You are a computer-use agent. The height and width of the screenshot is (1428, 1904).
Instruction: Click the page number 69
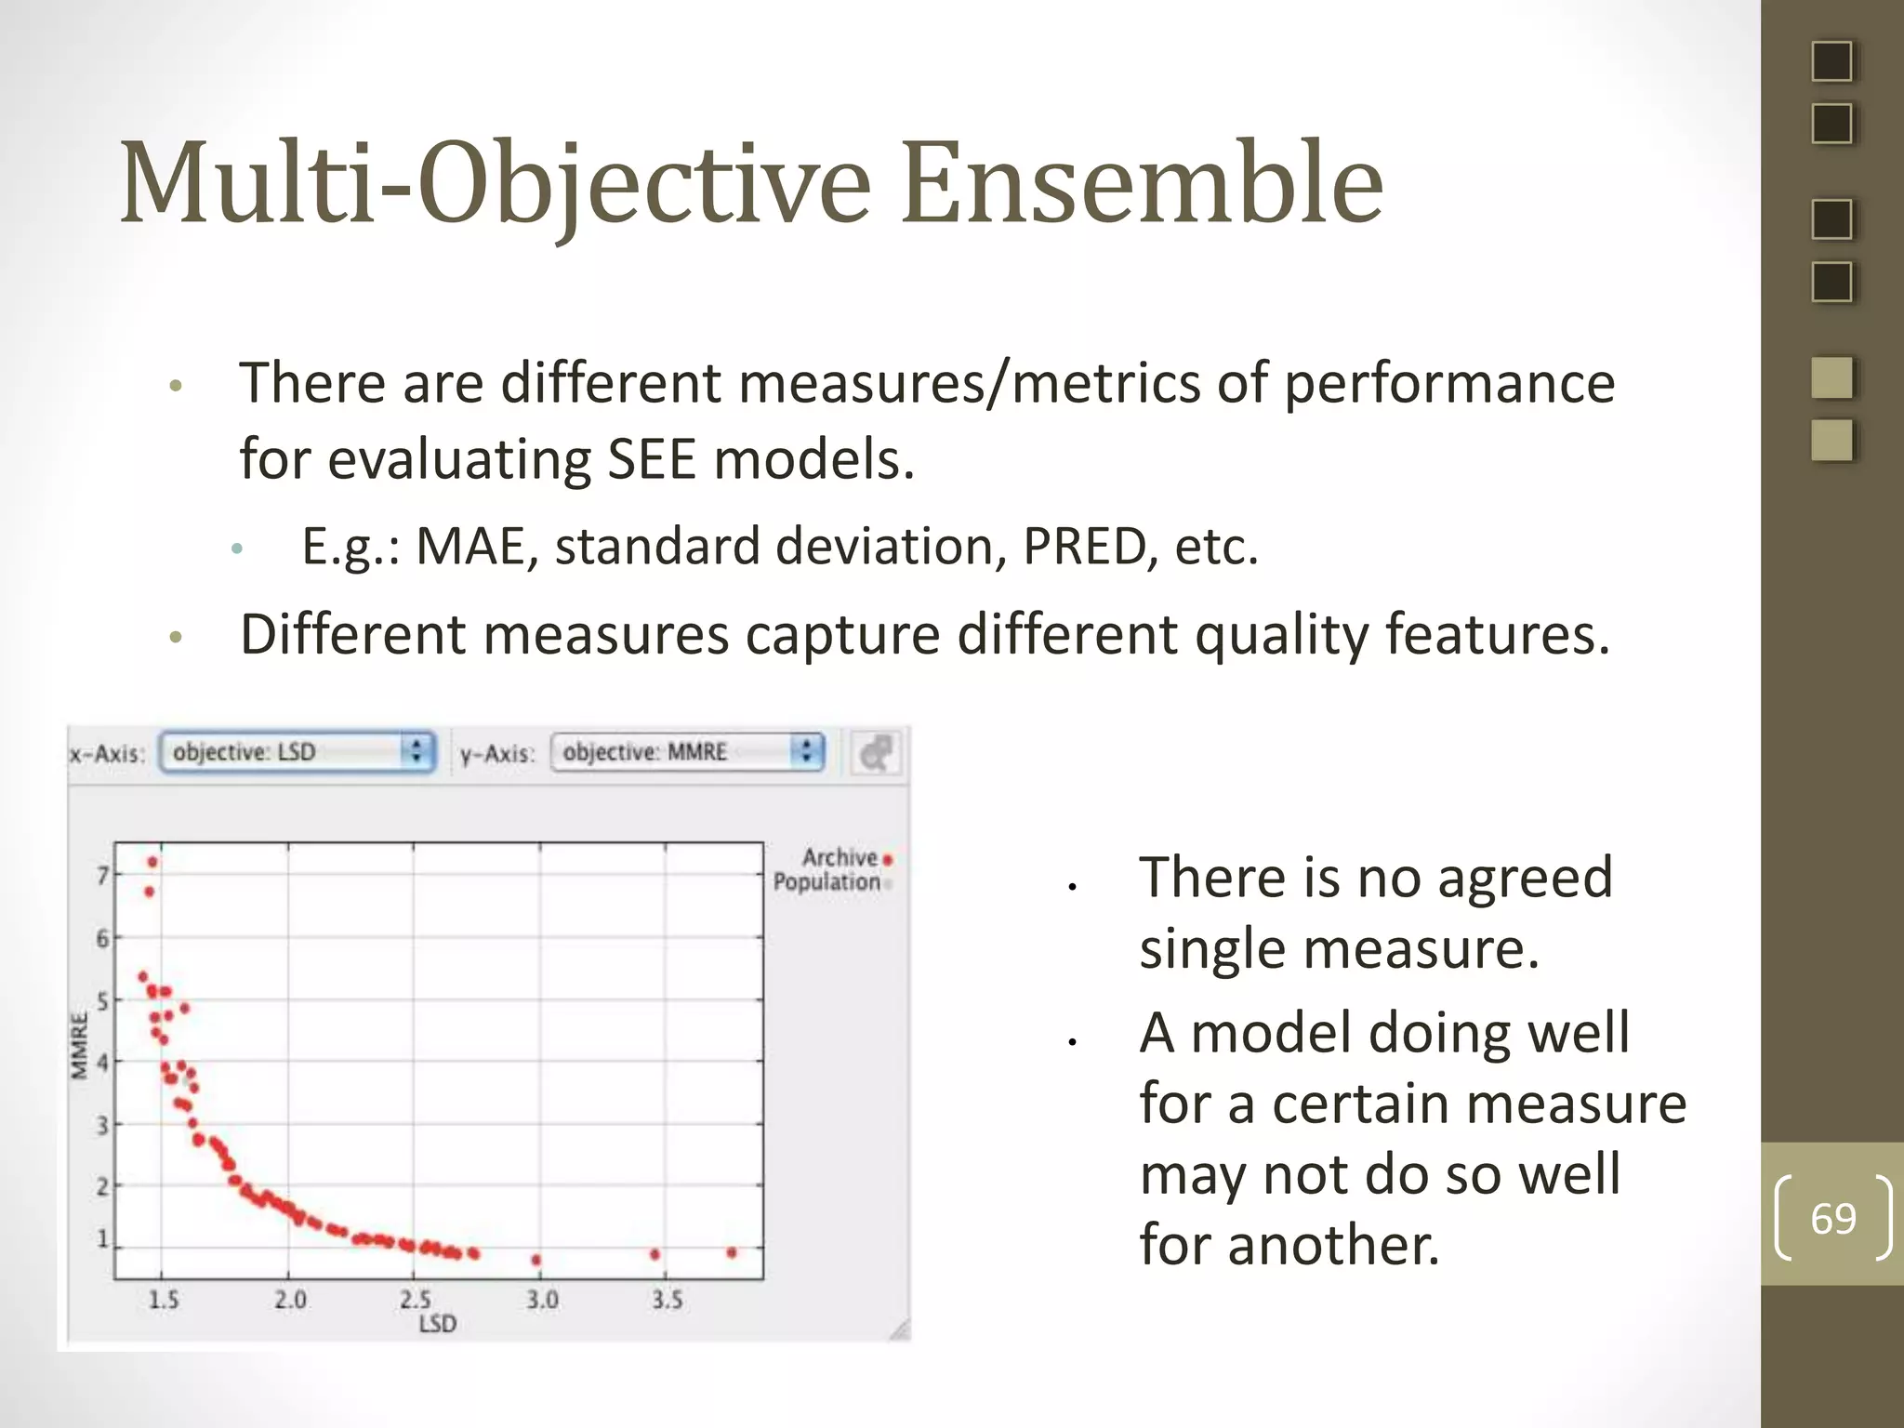pos(1832,1218)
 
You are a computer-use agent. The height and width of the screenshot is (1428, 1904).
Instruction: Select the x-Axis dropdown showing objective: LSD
pos(297,751)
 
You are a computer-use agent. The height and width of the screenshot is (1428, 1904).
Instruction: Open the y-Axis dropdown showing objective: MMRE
pos(687,751)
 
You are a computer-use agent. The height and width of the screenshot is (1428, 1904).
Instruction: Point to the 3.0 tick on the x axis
pos(542,1299)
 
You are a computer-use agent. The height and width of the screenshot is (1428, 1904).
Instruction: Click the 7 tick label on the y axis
pos(103,875)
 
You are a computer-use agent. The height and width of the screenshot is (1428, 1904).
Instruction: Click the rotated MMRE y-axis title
pos(80,1047)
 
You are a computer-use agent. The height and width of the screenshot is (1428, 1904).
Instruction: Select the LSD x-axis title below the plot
pos(437,1323)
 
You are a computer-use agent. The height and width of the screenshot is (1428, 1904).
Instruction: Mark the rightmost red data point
pos(732,1252)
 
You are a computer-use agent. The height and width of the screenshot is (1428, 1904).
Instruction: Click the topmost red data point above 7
pos(152,862)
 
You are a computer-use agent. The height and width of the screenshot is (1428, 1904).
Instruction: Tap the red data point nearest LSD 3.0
pos(536,1260)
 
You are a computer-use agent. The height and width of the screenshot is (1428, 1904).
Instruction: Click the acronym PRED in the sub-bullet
pos(1084,546)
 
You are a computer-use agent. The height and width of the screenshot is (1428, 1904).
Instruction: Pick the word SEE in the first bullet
pos(651,459)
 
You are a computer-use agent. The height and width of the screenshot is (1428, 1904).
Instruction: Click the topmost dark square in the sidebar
pos(1831,61)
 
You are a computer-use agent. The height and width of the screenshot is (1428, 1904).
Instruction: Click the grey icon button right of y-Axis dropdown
pos(875,752)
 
